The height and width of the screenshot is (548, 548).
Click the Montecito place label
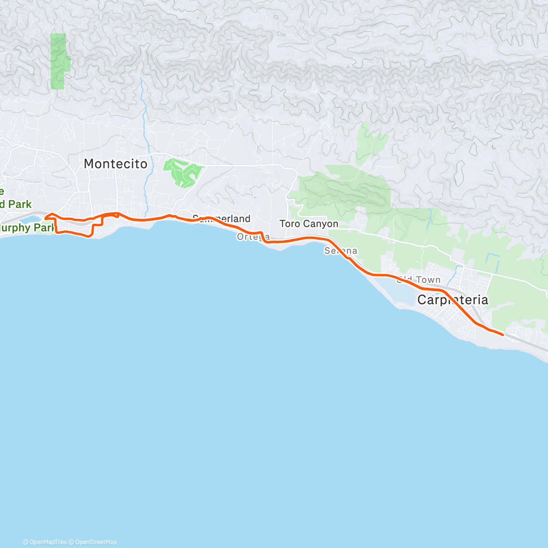(116, 163)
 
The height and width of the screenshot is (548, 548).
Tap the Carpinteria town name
(452, 300)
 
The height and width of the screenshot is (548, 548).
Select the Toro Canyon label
(309, 224)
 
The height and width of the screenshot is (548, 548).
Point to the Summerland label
(221, 218)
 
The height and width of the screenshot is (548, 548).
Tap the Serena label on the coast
(341, 251)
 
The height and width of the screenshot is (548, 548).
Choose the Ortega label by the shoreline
(253, 237)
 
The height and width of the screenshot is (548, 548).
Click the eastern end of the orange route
(503, 335)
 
